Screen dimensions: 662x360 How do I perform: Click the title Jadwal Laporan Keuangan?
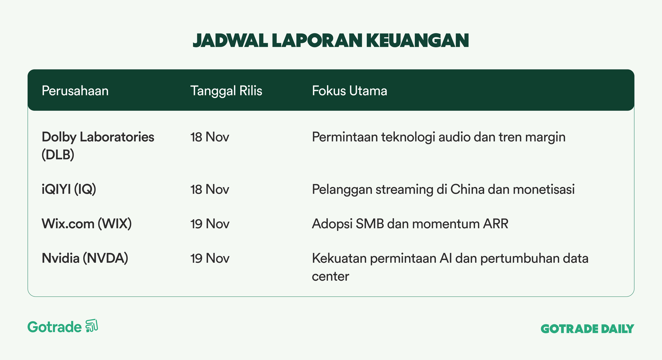331,41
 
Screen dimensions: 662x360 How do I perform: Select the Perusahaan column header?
75,91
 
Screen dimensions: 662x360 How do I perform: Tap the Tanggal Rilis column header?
226,91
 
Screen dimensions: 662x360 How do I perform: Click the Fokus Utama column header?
350,91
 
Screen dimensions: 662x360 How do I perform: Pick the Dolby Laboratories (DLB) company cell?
98,146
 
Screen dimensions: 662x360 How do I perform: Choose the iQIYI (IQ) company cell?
69,189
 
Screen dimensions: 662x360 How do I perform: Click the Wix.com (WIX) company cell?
87,224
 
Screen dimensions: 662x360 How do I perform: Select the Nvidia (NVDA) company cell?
85,258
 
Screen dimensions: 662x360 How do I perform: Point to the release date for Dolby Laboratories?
210,137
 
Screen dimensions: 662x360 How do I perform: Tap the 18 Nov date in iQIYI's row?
210,189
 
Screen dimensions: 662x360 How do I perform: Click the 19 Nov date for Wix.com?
210,224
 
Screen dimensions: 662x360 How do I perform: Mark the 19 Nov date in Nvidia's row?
210,258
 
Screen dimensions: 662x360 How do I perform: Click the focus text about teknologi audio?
439,137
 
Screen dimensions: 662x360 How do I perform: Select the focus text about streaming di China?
444,190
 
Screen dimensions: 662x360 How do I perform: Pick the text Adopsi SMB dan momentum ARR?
410,224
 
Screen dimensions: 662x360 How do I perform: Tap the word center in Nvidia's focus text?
331,277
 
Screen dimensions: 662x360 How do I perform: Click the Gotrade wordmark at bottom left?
55,327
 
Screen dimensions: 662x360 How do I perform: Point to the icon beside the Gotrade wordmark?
92,326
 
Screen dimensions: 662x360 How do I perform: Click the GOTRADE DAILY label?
588,329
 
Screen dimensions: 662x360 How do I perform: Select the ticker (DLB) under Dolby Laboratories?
58,155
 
